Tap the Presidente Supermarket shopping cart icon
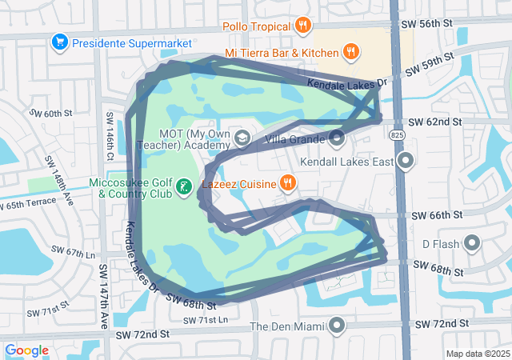pos(59,41)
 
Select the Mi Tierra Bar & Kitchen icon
pos(350,53)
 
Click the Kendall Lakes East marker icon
pos(406,162)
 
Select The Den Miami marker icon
pos(337,326)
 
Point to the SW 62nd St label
pos(436,122)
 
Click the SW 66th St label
pos(437,216)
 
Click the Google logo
pos(27,350)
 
